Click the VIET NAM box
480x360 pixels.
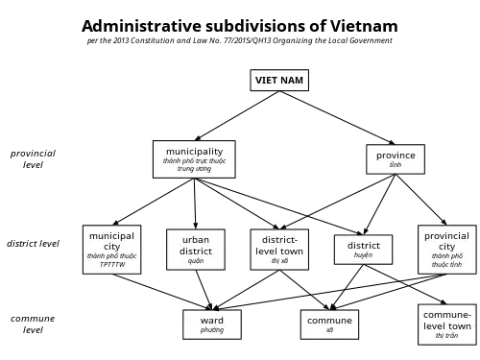(x=279, y=80)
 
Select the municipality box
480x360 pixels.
(x=194, y=159)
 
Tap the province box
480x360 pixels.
(x=396, y=159)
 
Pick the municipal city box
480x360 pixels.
(x=111, y=250)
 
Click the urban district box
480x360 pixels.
(x=196, y=250)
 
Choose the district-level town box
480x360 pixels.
(x=279, y=250)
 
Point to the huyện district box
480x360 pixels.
(x=363, y=250)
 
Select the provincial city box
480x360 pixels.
(x=447, y=250)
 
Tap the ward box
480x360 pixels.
(x=212, y=324)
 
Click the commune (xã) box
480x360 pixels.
(x=329, y=324)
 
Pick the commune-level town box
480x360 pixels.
(x=447, y=324)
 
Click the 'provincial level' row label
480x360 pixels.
(x=33, y=159)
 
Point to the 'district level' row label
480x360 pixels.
(x=33, y=244)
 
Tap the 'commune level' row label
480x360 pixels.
(x=33, y=324)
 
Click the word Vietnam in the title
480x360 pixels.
(x=364, y=26)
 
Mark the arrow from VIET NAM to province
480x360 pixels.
(x=337, y=118)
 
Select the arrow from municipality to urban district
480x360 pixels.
(x=195, y=204)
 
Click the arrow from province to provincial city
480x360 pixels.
(x=421, y=200)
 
